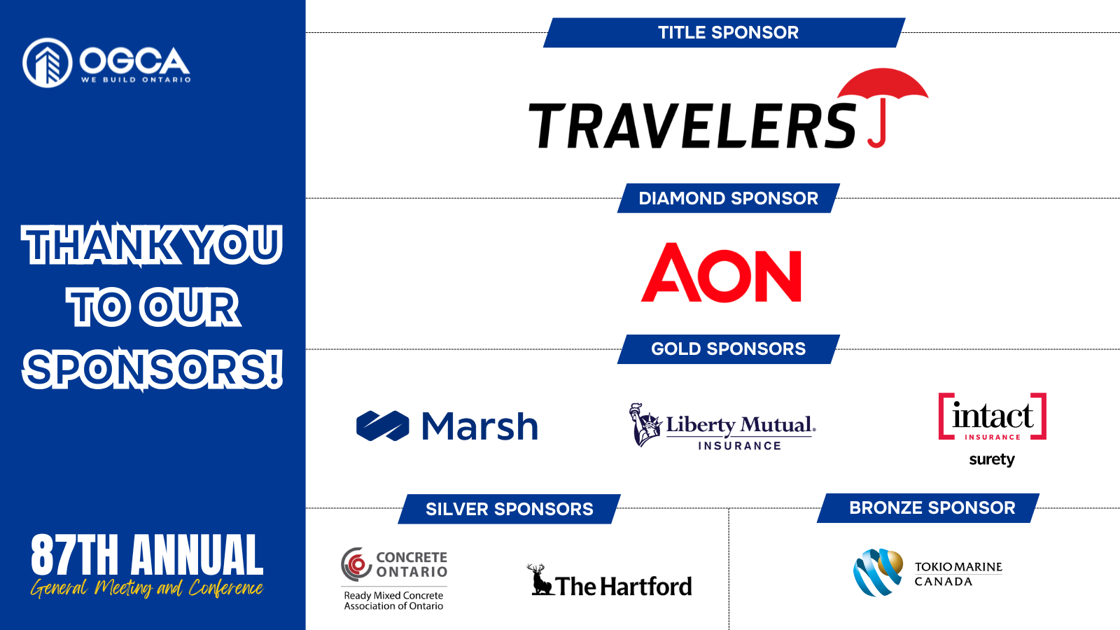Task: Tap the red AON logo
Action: [721, 272]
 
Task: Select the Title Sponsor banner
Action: [724, 32]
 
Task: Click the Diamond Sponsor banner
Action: [729, 198]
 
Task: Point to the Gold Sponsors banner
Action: [729, 349]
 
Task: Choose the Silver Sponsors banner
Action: [509, 509]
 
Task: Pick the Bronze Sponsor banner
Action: [928, 508]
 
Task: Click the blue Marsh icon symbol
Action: [382, 426]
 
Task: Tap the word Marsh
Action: [479, 426]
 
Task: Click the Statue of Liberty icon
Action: [645, 424]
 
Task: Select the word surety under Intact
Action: [992, 459]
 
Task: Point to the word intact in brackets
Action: [993, 416]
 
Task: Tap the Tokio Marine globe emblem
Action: [878, 572]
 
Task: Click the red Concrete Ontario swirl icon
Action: [356, 564]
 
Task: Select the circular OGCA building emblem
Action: [48, 63]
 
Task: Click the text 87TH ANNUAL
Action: [147, 554]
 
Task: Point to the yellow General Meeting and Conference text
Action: [147, 588]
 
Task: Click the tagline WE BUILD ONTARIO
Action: [136, 80]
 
